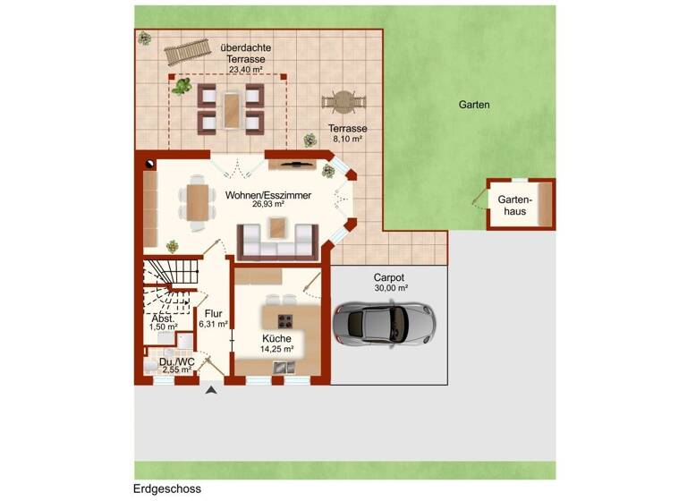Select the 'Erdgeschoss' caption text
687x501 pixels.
167,488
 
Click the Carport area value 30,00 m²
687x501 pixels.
390,288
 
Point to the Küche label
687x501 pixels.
276,338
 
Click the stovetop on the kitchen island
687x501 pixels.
287,319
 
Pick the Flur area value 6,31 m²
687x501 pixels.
213,325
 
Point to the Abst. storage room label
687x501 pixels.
163,318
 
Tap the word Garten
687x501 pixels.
474,105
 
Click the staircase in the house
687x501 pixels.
171,278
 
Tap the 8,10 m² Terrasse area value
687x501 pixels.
348,139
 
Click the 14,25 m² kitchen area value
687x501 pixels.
276,349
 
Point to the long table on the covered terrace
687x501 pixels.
231,107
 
